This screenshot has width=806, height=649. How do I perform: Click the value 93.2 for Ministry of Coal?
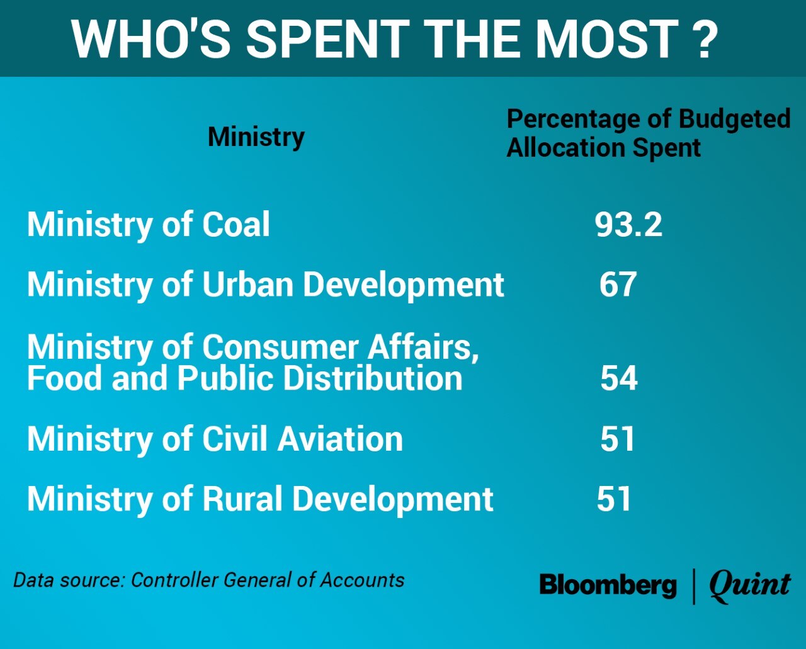pyautogui.click(x=628, y=225)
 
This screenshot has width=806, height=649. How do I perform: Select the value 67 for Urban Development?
pyautogui.click(x=618, y=285)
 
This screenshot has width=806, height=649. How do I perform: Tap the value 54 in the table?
pyautogui.click(x=618, y=378)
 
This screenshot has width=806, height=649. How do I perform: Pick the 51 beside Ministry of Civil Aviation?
pyautogui.click(x=618, y=439)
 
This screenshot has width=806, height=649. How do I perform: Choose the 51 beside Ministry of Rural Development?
pyautogui.click(x=614, y=499)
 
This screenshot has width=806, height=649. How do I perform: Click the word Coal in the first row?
pyautogui.click(x=236, y=225)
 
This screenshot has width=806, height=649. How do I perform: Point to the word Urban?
pyautogui.click(x=249, y=285)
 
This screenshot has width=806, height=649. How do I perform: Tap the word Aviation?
pyautogui.click(x=340, y=439)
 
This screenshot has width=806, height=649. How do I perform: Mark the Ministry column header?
pyautogui.click(x=256, y=137)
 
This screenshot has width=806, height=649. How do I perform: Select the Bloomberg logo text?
pyautogui.click(x=608, y=585)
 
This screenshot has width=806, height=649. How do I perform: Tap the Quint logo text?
pyautogui.click(x=749, y=585)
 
